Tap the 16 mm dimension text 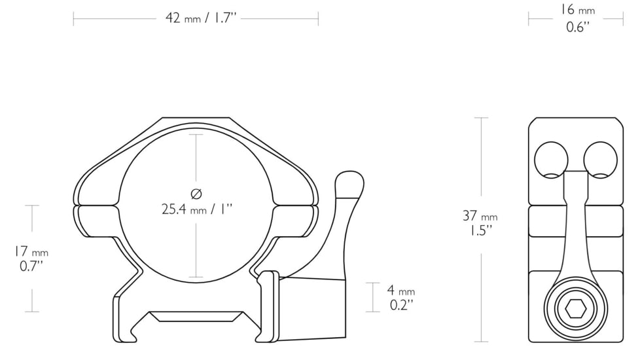(577, 10)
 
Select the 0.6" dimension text (577, 27)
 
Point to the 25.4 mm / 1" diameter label (197, 209)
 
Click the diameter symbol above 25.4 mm (196, 193)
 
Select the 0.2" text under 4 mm (401, 305)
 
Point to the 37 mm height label (480, 216)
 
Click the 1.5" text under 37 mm (480, 230)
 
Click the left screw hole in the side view (551, 159)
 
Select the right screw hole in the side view (601, 159)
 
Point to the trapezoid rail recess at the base (196, 316)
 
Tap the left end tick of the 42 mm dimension (73, 18)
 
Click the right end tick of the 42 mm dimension (318, 18)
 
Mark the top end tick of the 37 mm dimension (481, 118)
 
